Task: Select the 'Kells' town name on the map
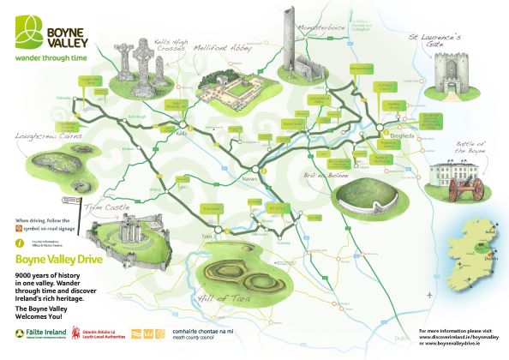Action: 181,135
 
